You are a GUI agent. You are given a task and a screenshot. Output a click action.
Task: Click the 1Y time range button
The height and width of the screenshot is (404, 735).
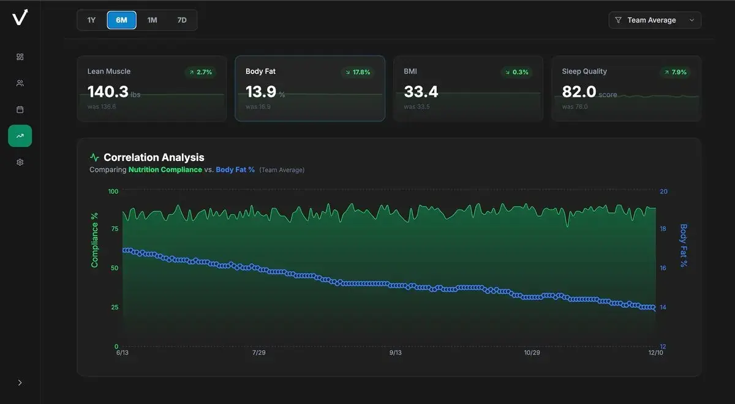[91, 20]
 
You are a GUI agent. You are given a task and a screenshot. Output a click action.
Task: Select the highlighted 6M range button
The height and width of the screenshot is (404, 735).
[121, 20]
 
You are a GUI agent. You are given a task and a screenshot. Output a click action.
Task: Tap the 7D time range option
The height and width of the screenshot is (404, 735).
[182, 20]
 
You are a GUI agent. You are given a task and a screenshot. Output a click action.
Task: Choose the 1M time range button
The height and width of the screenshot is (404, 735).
[152, 20]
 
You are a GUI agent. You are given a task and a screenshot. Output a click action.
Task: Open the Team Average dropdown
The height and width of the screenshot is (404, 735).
[655, 20]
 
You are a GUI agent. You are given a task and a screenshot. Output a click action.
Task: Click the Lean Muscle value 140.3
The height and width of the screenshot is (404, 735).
[108, 92]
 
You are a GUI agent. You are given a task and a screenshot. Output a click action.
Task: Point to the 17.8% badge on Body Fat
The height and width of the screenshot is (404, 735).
[358, 72]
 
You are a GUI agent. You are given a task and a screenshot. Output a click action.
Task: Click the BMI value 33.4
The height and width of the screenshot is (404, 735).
[421, 92]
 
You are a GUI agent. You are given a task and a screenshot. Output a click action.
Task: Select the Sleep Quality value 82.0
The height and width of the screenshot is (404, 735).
[579, 92]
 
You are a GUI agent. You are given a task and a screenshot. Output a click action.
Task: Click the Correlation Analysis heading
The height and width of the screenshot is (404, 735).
[154, 157]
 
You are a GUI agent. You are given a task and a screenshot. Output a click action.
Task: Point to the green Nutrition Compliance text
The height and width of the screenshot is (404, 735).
[165, 170]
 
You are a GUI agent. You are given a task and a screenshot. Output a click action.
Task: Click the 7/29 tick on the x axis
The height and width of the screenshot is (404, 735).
[259, 353]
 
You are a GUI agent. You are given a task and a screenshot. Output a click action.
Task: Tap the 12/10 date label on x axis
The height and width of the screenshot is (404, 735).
[655, 353]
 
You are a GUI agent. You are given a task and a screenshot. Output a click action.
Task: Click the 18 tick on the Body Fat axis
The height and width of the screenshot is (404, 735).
[663, 229]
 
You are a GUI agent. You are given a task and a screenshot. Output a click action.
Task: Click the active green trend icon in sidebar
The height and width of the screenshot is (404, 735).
[20, 136]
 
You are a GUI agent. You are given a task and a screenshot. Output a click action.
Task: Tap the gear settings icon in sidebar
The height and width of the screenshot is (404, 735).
[20, 162]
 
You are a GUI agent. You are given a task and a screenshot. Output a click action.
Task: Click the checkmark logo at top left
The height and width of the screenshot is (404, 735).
[20, 18]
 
